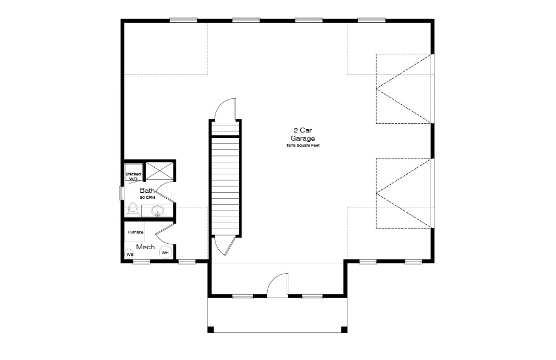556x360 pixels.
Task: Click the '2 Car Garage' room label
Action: pos(302,135)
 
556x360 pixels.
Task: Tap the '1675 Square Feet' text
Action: pos(303,146)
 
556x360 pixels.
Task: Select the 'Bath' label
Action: pos(147,191)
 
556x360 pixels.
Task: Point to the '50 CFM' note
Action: pos(147,197)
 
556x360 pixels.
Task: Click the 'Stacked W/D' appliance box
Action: pos(134,172)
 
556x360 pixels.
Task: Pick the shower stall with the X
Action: pos(160,170)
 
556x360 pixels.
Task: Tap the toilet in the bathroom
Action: pos(133,210)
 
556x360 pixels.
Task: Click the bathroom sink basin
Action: pos(157,211)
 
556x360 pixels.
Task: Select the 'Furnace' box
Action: pos(135,232)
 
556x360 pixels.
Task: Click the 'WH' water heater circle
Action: pos(165,252)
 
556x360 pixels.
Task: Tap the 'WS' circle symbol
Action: pos(130,254)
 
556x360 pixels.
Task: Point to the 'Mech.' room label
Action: pos(146,247)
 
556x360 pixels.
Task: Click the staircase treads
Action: pos(225,186)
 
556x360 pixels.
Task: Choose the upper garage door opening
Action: pos(404,89)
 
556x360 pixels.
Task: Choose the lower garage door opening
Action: pos(404,193)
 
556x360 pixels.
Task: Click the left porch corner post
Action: pos(211,330)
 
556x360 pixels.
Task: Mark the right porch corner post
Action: pos(344,330)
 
